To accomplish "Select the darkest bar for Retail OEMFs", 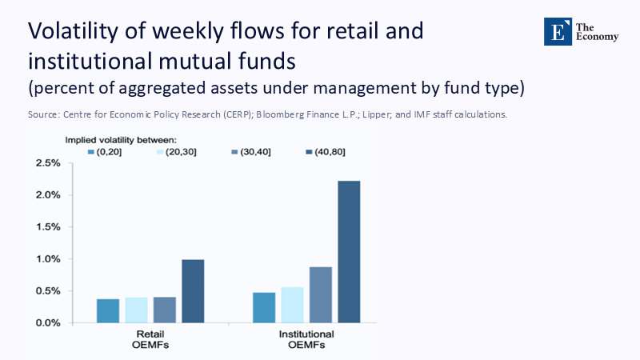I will click(193, 291).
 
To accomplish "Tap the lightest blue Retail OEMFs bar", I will click(136, 310).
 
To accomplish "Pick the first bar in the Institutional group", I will click(264, 308).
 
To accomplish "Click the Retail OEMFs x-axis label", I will click(150, 340).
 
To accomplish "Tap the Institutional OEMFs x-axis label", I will click(306, 340).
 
